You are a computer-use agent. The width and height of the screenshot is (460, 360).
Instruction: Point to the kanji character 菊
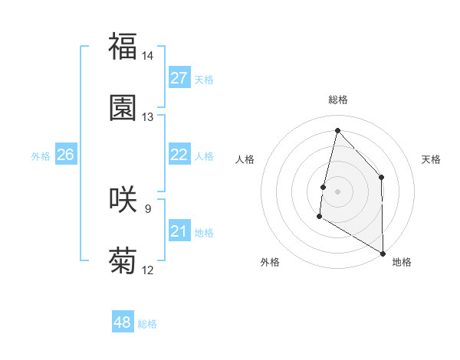[x=123, y=260]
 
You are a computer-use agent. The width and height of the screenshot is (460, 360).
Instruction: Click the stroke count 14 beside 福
[x=148, y=56]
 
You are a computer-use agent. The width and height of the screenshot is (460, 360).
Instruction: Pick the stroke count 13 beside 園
[x=148, y=117]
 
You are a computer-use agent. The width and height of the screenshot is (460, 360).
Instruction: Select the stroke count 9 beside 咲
[x=148, y=208]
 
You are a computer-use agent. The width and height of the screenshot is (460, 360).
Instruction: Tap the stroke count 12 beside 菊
[x=148, y=270]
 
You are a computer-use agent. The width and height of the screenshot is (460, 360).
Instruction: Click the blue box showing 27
[x=179, y=78]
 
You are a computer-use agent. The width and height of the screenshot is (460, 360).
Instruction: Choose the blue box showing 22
[x=179, y=155]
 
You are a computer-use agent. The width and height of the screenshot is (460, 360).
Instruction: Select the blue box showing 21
[x=179, y=231]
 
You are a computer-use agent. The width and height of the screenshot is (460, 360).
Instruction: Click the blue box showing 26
[x=65, y=155]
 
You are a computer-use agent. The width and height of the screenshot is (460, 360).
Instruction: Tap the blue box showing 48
[x=123, y=322]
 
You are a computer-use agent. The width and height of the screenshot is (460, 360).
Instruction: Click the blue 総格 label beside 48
[x=147, y=324]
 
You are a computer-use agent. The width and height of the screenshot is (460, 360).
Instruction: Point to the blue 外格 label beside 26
[x=41, y=156]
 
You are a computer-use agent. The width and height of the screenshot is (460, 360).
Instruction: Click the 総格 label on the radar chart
[x=338, y=100]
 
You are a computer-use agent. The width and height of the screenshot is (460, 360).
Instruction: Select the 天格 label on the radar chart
[x=432, y=159]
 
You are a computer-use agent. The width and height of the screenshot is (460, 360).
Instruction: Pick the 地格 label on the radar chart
[x=402, y=262]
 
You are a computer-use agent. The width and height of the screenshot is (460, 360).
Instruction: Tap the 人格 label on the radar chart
[x=245, y=159]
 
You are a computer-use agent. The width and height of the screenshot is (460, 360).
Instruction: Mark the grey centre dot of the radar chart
[x=337, y=191]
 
